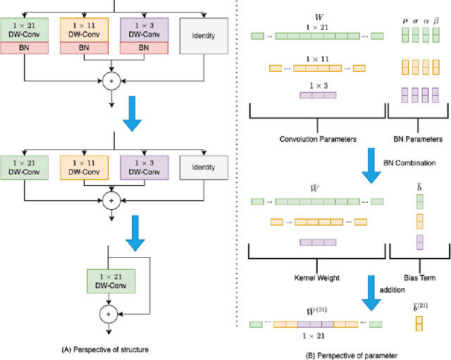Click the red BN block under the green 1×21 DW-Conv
pos(25,48)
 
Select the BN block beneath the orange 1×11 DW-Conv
pos(84,48)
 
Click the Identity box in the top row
pos(204,35)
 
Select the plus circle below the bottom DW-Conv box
pos(109,313)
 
